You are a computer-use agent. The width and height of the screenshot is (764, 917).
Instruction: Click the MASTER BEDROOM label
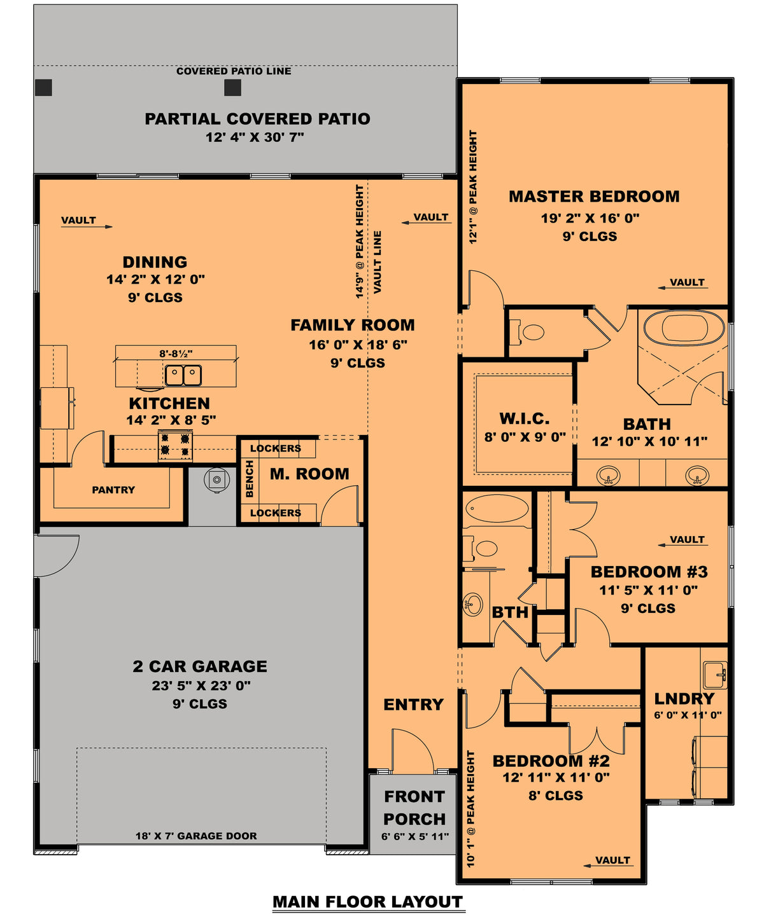593,197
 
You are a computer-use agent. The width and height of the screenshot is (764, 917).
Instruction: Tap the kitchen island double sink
183,375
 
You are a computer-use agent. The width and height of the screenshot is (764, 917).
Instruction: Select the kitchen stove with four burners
175,445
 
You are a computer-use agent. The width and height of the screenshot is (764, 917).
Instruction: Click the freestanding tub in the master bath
684,328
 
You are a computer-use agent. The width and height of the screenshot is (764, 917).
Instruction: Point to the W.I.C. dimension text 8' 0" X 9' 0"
525,437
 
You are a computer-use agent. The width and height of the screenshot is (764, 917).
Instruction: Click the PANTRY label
113,490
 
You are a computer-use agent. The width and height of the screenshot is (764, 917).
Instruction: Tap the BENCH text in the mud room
250,479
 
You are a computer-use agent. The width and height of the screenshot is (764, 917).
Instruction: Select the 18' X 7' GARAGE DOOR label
196,836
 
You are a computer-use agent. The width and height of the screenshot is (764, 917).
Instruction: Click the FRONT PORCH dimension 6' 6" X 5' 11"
414,836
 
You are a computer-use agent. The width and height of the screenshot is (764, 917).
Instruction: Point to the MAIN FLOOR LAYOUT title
367,902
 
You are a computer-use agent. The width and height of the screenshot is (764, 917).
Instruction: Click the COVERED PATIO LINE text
234,71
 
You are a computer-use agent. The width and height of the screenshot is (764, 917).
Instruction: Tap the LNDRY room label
684,698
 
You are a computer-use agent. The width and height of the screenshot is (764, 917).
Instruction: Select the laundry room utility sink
714,674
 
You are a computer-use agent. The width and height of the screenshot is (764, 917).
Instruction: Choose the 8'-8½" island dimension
176,354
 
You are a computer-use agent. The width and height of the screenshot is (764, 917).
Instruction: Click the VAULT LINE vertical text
378,262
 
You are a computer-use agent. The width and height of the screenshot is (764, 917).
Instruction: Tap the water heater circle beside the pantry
216,479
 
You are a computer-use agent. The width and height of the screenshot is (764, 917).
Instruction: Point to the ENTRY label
413,705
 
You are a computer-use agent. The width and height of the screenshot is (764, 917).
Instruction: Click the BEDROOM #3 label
649,572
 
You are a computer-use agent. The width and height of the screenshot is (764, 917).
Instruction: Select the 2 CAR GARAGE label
200,666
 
